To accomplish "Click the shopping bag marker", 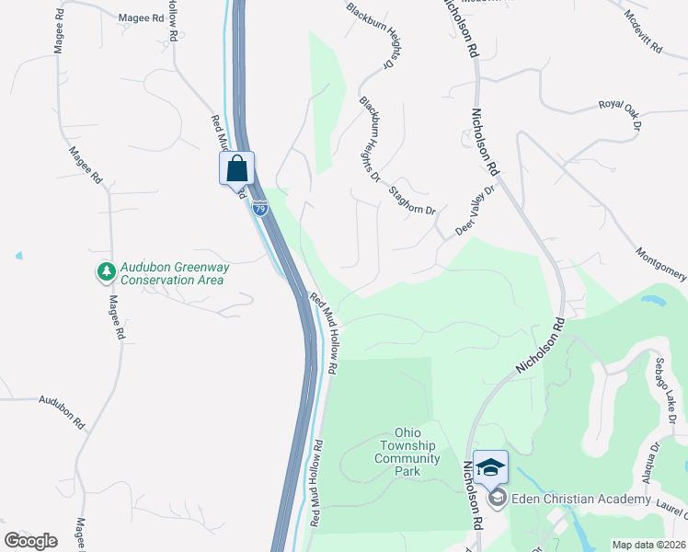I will click(236, 168).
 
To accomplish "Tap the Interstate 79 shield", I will click(259, 209).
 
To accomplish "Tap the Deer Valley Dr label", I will click(476, 211).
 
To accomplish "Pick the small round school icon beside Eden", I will click(498, 499).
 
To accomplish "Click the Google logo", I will click(30, 541).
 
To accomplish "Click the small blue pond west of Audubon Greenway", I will click(18, 255).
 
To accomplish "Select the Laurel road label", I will click(671, 502).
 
